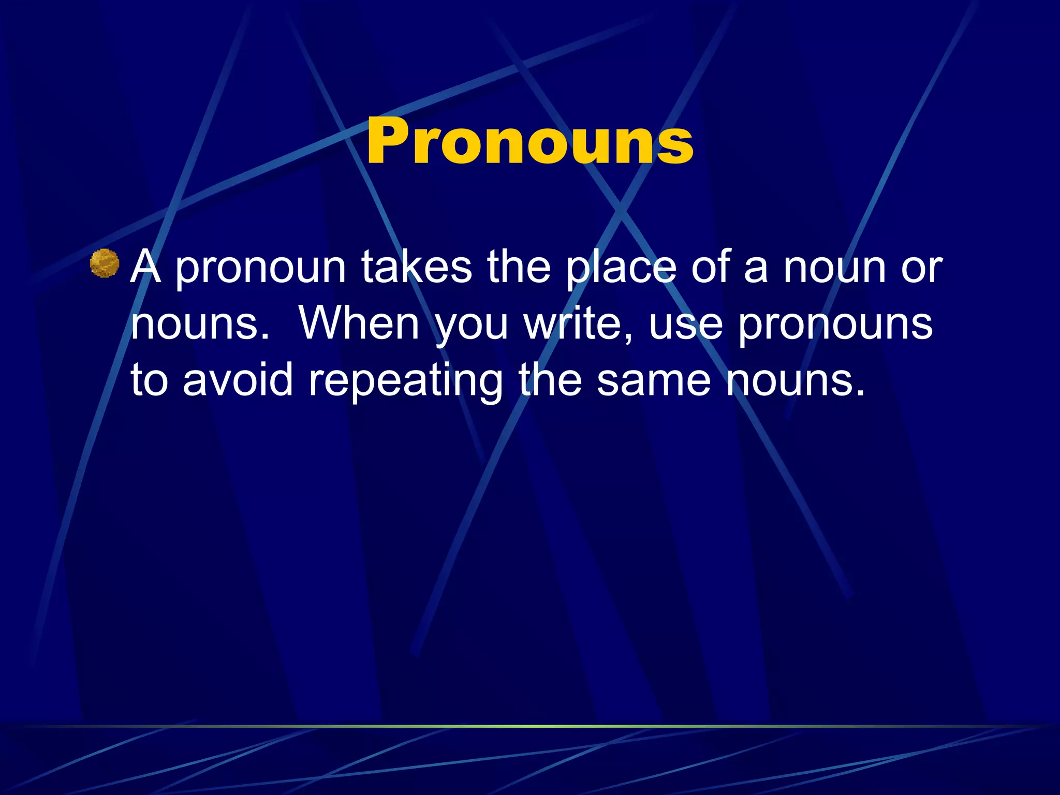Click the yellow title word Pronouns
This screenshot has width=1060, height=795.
(529, 141)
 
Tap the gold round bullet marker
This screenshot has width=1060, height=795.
(105, 263)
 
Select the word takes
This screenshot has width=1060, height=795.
(417, 267)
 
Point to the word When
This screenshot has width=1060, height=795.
(359, 323)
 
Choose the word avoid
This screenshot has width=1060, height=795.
(238, 380)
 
